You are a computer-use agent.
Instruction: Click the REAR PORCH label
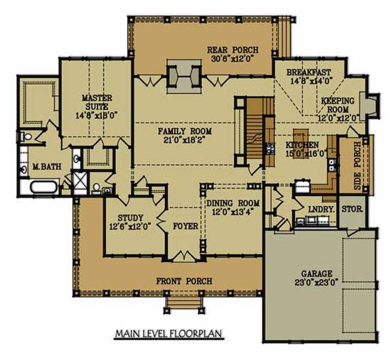click(x=232, y=50)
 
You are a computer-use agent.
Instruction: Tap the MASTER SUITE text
click(x=97, y=102)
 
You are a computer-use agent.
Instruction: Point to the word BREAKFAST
click(x=309, y=72)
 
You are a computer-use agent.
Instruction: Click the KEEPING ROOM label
click(x=338, y=105)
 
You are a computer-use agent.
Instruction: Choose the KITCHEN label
click(x=302, y=145)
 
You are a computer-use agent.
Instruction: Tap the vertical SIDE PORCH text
click(x=358, y=165)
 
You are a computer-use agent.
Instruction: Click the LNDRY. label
click(x=321, y=209)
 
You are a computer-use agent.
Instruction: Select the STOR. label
click(x=352, y=209)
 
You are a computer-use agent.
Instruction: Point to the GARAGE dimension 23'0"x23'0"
click(x=316, y=283)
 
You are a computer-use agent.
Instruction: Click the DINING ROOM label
click(x=233, y=203)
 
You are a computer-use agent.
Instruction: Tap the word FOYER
click(x=186, y=226)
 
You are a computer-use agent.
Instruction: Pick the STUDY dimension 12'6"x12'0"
click(x=130, y=227)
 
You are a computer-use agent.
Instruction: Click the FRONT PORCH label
click(x=184, y=281)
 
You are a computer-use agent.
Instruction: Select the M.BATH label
click(x=47, y=166)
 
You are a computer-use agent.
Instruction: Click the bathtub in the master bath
click(x=43, y=187)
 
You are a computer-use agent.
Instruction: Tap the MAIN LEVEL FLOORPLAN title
click(x=168, y=333)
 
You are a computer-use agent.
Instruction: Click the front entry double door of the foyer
click(x=184, y=256)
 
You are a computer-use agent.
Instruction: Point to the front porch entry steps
click(x=184, y=302)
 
